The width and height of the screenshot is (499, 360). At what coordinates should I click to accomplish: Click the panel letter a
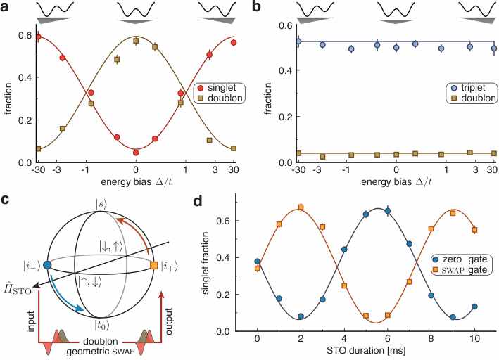pyautogui.click(x=4, y=6)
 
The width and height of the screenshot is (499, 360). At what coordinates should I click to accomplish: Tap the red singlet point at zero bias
pyautogui.click(x=136, y=153)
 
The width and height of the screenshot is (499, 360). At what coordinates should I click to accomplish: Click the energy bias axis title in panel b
pyautogui.click(x=396, y=182)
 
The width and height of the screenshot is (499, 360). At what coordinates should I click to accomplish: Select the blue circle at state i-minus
pyautogui.click(x=46, y=265)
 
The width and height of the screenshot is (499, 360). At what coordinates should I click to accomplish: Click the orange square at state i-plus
pyautogui.click(x=153, y=265)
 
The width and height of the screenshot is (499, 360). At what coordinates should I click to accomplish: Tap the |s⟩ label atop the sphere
pyautogui.click(x=101, y=205)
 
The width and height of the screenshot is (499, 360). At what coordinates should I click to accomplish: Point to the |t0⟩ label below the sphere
pyautogui.click(x=102, y=325)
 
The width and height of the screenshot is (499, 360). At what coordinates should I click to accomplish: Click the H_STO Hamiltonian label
pyautogui.click(x=18, y=289)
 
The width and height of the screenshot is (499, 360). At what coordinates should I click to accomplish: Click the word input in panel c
pyautogui.click(x=31, y=321)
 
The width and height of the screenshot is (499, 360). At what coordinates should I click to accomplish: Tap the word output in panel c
pyautogui.click(x=168, y=321)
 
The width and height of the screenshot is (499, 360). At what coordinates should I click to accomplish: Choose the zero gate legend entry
pyautogui.click(x=459, y=259)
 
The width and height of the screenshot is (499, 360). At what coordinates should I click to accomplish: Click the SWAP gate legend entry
pyautogui.click(x=459, y=270)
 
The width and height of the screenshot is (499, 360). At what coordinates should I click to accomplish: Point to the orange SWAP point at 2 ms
pyautogui.click(x=301, y=207)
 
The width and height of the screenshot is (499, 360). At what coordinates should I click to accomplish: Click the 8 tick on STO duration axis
pyautogui.click(x=431, y=338)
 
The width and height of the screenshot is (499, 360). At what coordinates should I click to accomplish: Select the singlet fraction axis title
pyautogui.click(x=206, y=263)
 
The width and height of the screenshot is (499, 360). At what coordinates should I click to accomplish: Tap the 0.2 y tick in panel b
pyautogui.click(x=284, y=117)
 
